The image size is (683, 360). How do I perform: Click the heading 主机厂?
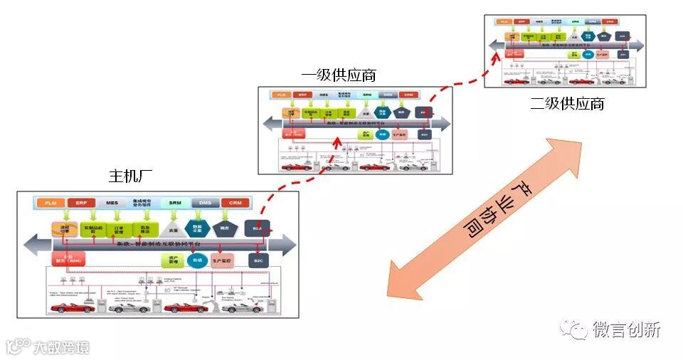click(x=130, y=175)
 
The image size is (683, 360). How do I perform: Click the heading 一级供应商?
click(x=339, y=75)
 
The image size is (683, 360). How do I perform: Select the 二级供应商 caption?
click(x=567, y=103)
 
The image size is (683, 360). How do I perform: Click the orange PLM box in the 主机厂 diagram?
click(x=51, y=203)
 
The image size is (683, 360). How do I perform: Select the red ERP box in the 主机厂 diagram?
click(x=82, y=203)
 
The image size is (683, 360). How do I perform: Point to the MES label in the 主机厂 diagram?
click(x=112, y=203)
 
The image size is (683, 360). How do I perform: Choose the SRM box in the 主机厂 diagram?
click(x=175, y=203)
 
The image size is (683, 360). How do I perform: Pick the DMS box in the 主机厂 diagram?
click(x=205, y=203)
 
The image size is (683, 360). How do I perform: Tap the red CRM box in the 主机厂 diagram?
click(x=235, y=203)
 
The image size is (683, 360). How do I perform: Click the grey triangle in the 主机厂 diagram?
click(x=170, y=228)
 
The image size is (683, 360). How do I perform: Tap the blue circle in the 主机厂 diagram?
click(x=198, y=260)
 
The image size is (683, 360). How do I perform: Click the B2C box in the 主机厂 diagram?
click(x=258, y=261)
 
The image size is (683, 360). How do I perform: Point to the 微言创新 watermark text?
click(x=627, y=329)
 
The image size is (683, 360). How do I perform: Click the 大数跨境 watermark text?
click(x=61, y=347)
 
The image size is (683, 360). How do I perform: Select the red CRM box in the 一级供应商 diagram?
click(x=408, y=95)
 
